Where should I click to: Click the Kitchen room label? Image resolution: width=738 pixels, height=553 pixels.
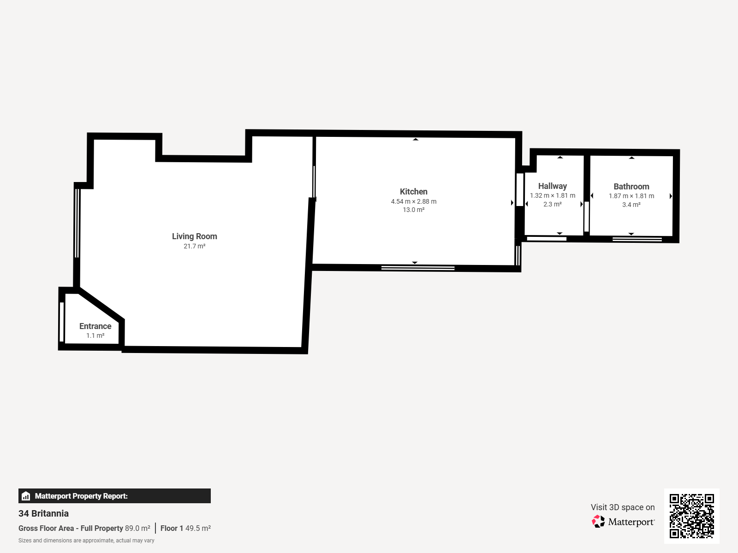[414, 192]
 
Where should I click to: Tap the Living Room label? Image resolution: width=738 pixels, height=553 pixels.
[194, 236]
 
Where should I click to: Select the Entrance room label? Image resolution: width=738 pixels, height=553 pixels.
[95, 326]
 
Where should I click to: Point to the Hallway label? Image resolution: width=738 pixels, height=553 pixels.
[553, 186]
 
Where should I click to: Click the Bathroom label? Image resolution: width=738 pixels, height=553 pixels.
[631, 186]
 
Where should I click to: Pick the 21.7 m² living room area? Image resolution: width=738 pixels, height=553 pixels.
[194, 246]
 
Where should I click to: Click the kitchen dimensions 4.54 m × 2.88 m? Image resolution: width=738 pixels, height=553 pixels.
[414, 201]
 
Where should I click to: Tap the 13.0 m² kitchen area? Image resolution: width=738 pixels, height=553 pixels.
[414, 210]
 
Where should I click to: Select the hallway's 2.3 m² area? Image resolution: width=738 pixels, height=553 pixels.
[553, 204]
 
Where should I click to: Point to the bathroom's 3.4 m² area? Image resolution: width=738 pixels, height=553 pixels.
[631, 205]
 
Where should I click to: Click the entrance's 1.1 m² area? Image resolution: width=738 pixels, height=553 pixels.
[95, 335]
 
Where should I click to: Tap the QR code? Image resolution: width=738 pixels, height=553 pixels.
[691, 516]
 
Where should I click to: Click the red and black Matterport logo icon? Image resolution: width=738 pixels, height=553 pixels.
[598, 522]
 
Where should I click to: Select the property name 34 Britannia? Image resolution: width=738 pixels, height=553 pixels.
[43, 513]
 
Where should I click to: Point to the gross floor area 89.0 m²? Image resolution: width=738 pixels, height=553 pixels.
[137, 528]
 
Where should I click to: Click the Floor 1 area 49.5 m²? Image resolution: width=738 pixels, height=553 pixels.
[198, 528]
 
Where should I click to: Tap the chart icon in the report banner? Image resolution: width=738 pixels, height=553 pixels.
[26, 496]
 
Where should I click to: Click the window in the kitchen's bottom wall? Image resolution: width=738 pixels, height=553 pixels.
[418, 268]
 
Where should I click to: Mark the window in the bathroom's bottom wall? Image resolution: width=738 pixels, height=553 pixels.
[637, 239]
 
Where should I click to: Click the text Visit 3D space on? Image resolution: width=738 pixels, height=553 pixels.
[623, 507]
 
